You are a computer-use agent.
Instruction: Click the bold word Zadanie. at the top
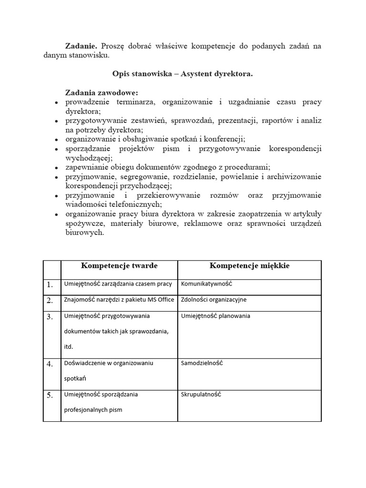coord(81,45)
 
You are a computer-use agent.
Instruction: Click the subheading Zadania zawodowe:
coord(102,92)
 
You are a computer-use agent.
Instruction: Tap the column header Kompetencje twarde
coord(119,265)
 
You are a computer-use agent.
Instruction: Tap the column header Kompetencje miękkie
coord(249,265)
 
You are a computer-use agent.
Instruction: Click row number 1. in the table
coord(50,285)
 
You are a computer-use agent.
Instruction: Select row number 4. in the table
coord(50,364)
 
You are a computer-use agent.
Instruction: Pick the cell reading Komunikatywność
coord(206,284)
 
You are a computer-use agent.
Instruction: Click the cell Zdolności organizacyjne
coord(213,300)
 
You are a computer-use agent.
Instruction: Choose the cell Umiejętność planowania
coord(215,315)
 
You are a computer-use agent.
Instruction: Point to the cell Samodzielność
coord(202,363)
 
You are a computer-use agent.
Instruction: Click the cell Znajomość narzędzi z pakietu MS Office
coord(119,300)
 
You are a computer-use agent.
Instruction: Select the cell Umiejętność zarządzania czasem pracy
coord(118,284)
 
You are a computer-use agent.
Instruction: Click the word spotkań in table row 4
coord(75,378)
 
